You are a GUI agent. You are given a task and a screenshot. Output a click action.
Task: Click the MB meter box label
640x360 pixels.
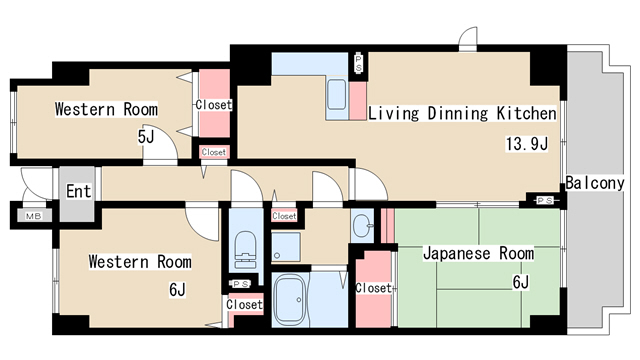(33, 216)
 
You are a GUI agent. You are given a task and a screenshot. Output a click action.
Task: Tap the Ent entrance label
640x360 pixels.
(78, 191)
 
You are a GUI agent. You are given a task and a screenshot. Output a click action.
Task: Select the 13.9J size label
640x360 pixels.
(527, 144)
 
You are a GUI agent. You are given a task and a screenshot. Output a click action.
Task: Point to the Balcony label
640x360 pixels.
(595, 183)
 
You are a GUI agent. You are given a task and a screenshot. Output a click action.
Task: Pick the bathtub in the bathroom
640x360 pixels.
(289, 299)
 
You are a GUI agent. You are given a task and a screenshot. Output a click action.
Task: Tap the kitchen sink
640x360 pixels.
(337, 95)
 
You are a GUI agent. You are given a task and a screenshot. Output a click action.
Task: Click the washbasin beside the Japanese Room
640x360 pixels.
(362, 225)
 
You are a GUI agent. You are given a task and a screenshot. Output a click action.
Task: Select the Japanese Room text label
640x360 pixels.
(478, 253)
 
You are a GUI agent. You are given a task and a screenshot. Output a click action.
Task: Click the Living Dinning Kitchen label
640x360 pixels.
(462, 113)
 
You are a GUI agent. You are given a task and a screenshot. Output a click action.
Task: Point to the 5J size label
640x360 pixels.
(146, 137)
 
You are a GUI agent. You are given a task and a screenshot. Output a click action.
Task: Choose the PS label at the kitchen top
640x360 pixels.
(358, 63)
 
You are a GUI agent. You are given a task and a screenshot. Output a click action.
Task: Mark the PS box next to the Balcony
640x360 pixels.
(545, 200)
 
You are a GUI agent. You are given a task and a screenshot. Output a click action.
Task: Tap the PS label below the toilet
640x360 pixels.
(241, 283)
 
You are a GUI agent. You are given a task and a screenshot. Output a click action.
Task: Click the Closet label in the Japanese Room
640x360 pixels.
(373, 288)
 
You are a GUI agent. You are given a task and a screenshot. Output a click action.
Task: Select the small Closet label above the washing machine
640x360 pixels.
(284, 216)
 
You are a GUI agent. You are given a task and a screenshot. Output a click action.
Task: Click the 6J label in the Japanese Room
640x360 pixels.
(520, 282)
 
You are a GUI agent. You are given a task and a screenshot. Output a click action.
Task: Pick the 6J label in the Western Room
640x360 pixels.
(177, 290)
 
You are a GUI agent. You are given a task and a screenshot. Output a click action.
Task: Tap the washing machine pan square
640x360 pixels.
(286, 247)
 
